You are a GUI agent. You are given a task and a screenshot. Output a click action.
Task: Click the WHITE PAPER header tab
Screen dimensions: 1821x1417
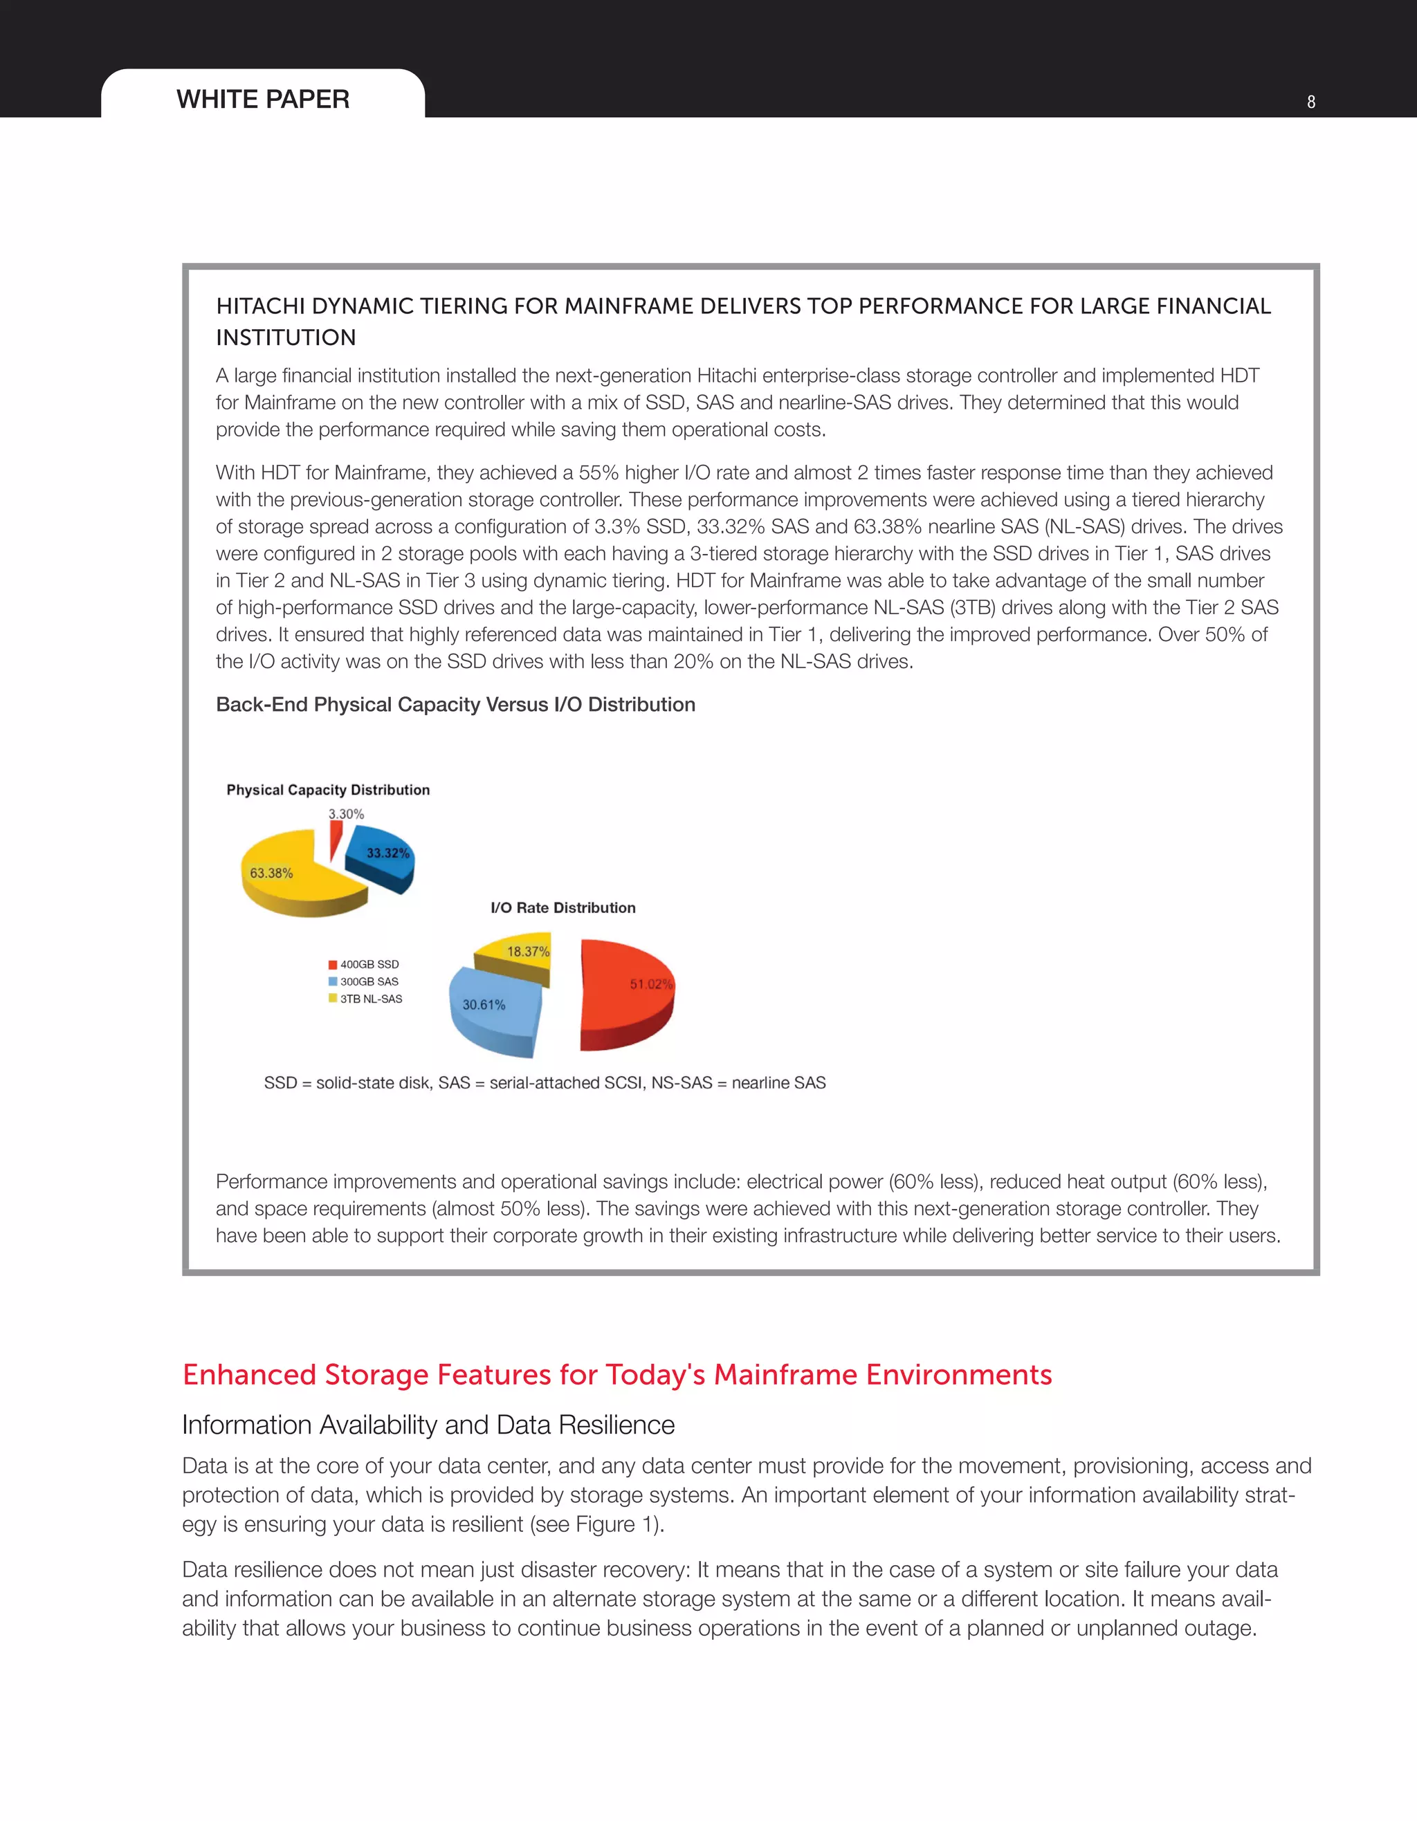click(x=263, y=98)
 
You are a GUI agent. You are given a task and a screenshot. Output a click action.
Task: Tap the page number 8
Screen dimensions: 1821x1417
click(x=1311, y=102)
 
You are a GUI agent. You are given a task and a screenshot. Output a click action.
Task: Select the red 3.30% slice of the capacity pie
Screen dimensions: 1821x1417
click(x=336, y=838)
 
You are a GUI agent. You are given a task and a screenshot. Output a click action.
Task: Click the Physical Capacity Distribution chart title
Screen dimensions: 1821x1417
click(x=328, y=790)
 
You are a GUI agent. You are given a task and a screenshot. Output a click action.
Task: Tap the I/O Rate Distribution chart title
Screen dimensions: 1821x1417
click(x=563, y=907)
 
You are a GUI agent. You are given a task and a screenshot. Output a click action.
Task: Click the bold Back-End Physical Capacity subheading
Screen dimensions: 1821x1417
click(x=455, y=705)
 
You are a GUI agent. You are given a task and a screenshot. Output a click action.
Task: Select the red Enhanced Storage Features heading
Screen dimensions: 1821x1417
click(x=617, y=1374)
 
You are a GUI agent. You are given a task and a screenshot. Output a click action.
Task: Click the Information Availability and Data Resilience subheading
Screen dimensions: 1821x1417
click(x=428, y=1424)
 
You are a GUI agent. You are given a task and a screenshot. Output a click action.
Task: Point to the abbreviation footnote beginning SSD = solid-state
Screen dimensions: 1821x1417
click(x=545, y=1082)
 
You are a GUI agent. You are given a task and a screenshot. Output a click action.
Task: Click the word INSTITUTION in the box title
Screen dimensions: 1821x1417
click(x=286, y=338)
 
